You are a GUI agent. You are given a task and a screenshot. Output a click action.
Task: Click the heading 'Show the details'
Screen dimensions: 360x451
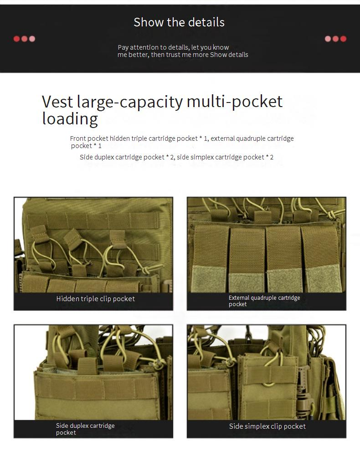179,22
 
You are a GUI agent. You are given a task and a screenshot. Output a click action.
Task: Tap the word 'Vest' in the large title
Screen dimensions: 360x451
57,102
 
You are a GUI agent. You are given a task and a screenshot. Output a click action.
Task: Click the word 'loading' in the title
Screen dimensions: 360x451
70,119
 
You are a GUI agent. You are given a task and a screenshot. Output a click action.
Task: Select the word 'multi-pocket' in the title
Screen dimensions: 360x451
235,102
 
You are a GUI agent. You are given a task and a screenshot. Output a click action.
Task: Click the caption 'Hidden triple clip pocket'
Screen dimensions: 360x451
96,299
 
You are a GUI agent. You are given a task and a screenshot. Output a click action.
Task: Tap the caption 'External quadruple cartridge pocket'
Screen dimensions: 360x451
264,301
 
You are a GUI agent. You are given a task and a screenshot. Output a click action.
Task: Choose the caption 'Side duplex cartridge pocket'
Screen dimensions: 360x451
85,429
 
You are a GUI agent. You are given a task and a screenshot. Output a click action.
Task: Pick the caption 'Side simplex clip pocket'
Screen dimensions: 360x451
267,426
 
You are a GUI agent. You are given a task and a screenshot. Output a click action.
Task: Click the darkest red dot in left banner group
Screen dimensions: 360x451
17,39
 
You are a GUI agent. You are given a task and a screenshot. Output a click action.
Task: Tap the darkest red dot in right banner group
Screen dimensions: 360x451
343,39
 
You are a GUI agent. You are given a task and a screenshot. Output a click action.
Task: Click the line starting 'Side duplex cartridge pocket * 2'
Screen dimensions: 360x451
176,157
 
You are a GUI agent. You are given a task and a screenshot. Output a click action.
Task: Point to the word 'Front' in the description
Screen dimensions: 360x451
78,138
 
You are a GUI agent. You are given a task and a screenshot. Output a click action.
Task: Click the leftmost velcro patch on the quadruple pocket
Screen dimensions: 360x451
209,278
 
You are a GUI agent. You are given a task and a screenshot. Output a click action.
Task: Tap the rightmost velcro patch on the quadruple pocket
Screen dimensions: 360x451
323,277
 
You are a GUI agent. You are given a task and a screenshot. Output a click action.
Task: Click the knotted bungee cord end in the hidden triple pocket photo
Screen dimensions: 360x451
146,270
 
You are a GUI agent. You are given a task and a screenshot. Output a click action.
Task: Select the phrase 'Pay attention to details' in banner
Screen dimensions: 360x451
154,47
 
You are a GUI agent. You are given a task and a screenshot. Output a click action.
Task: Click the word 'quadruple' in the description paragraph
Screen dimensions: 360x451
251,138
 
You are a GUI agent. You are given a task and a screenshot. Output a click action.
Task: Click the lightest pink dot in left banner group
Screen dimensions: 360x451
32,39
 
